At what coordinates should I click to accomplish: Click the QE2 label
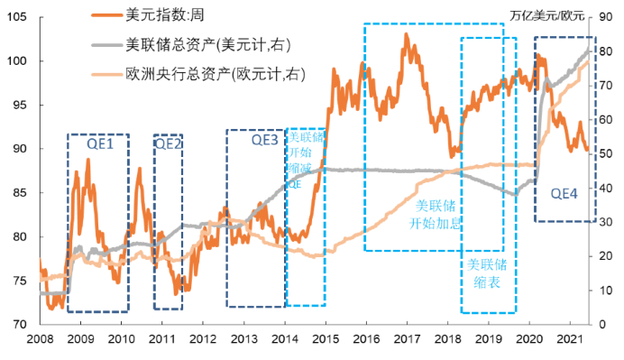coord(169,143)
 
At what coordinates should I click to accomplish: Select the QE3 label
coord(265,140)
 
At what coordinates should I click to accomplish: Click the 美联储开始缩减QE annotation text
coord(306,161)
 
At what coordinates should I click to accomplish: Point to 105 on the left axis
coord(25,17)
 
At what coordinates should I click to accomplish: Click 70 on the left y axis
coord(28,324)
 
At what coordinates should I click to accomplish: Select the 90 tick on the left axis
coord(28,149)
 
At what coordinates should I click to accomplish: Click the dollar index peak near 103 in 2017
coord(406,35)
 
